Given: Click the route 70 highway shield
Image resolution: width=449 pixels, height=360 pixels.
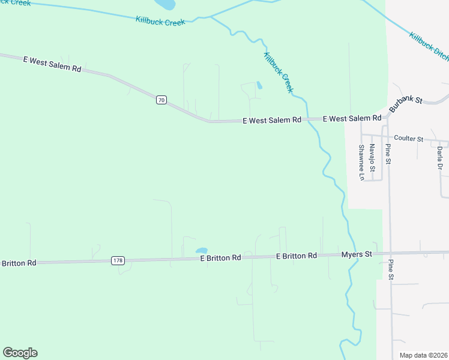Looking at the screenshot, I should click(x=161, y=100).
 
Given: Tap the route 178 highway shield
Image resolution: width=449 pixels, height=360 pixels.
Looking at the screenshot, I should click(x=118, y=260).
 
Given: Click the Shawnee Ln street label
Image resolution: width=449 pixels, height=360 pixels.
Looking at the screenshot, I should click(x=361, y=162).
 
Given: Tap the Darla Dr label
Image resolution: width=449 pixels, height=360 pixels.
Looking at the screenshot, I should click(x=440, y=157).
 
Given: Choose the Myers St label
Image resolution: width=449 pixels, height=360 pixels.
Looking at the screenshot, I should click(x=357, y=255).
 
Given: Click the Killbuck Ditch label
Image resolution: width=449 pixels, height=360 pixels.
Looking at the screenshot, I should click(x=429, y=46).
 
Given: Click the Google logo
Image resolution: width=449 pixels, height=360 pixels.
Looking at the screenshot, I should click(x=20, y=353).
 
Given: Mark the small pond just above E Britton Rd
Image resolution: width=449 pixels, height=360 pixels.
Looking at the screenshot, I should click(x=202, y=251).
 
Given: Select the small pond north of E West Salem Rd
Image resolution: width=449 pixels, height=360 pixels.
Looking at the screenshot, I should click(x=259, y=86).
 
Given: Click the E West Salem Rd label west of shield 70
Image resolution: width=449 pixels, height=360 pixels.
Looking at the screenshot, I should click(x=52, y=64).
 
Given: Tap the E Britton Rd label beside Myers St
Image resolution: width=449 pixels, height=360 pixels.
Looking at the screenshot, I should click(x=297, y=256).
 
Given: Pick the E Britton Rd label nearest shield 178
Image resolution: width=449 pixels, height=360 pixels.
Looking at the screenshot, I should click(x=220, y=257).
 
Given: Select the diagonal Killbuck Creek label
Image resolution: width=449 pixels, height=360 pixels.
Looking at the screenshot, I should click(x=279, y=72).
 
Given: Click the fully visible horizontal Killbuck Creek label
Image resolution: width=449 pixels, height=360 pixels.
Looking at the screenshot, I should click(x=160, y=20).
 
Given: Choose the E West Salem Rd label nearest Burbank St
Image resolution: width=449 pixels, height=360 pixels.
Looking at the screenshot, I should click(x=352, y=119).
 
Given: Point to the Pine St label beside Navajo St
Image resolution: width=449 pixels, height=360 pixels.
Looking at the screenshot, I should click(x=388, y=154).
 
